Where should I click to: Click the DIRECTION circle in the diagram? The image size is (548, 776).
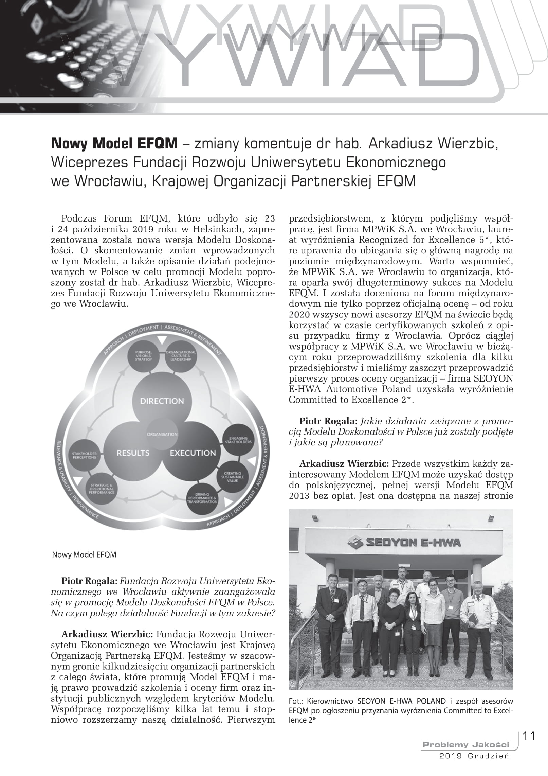pos(162,401)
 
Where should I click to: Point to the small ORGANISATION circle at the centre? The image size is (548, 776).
pos(162,434)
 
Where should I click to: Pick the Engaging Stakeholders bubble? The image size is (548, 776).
pos(238,440)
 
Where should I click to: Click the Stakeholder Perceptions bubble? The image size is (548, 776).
pos(84,455)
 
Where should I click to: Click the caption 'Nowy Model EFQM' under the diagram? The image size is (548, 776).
pos(84,555)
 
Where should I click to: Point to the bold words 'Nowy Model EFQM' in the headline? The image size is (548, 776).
pos(114,144)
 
